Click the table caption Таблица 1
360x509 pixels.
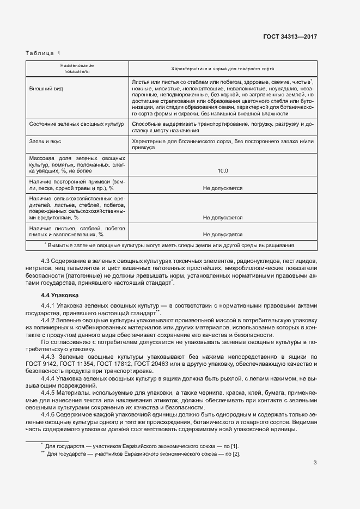tap(44, 53)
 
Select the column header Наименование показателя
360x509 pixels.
tap(77, 69)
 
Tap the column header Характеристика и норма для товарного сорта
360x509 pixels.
tap(222, 69)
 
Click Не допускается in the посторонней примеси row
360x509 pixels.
tap(222, 188)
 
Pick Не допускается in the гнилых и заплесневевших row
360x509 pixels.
tap(222, 235)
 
